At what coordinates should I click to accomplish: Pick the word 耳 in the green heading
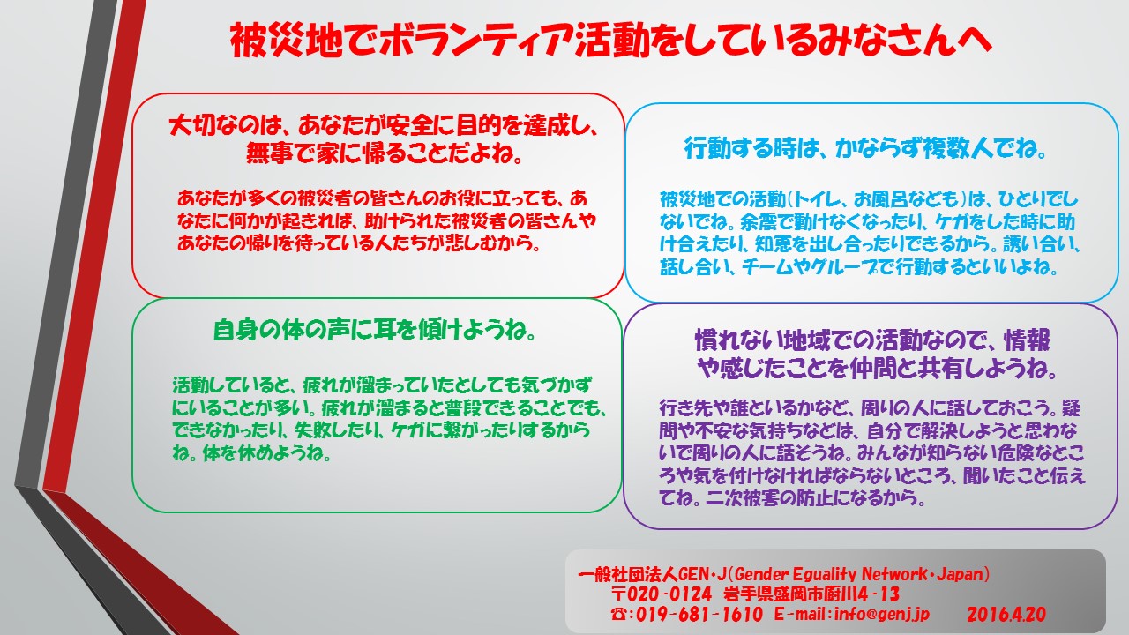pyautogui.click(x=386, y=330)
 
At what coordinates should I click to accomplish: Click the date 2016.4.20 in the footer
pyautogui.click(x=1006, y=615)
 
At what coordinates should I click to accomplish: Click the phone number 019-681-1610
pyautogui.click(x=699, y=615)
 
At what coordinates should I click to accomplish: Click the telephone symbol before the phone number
pyautogui.click(x=619, y=615)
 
